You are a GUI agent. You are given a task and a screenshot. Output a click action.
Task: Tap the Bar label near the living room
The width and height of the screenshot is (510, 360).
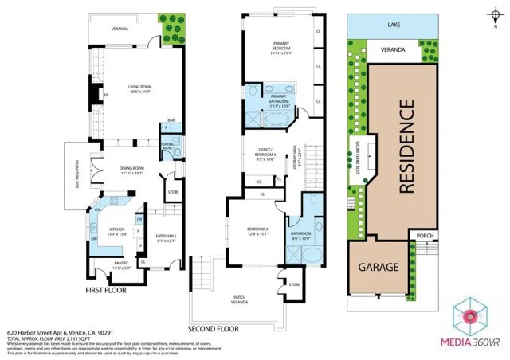click(170, 122)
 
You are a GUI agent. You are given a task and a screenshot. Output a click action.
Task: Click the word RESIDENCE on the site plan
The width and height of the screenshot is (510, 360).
click(406, 147)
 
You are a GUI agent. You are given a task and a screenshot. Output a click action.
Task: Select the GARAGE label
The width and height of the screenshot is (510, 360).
click(377, 268)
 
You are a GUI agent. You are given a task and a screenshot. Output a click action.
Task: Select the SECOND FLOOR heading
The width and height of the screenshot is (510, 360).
click(213, 328)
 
